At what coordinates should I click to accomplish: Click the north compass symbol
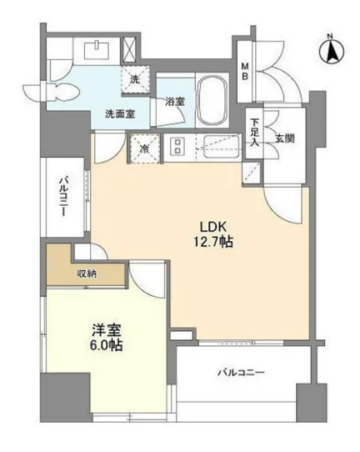332,51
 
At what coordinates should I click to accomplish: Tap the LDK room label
213,227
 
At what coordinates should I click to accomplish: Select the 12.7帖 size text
212,242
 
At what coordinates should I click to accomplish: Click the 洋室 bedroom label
106,330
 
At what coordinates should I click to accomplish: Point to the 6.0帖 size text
107,344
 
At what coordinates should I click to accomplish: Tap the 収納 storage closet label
87,274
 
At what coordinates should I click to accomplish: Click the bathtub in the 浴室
212,101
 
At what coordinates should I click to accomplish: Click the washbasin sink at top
97,49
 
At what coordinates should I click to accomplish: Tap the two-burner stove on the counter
177,146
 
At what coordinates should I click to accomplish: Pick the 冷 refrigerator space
145,148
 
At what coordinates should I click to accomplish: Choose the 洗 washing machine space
135,79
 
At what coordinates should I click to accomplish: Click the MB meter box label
245,72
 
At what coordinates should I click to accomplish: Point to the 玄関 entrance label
285,138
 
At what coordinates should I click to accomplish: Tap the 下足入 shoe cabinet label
255,133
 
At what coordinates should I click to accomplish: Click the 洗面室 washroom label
120,114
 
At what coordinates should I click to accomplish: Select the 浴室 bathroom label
175,101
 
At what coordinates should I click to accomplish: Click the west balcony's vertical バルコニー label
63,197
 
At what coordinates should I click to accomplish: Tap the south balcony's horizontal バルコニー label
241,373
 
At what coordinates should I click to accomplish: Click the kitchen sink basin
220,147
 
